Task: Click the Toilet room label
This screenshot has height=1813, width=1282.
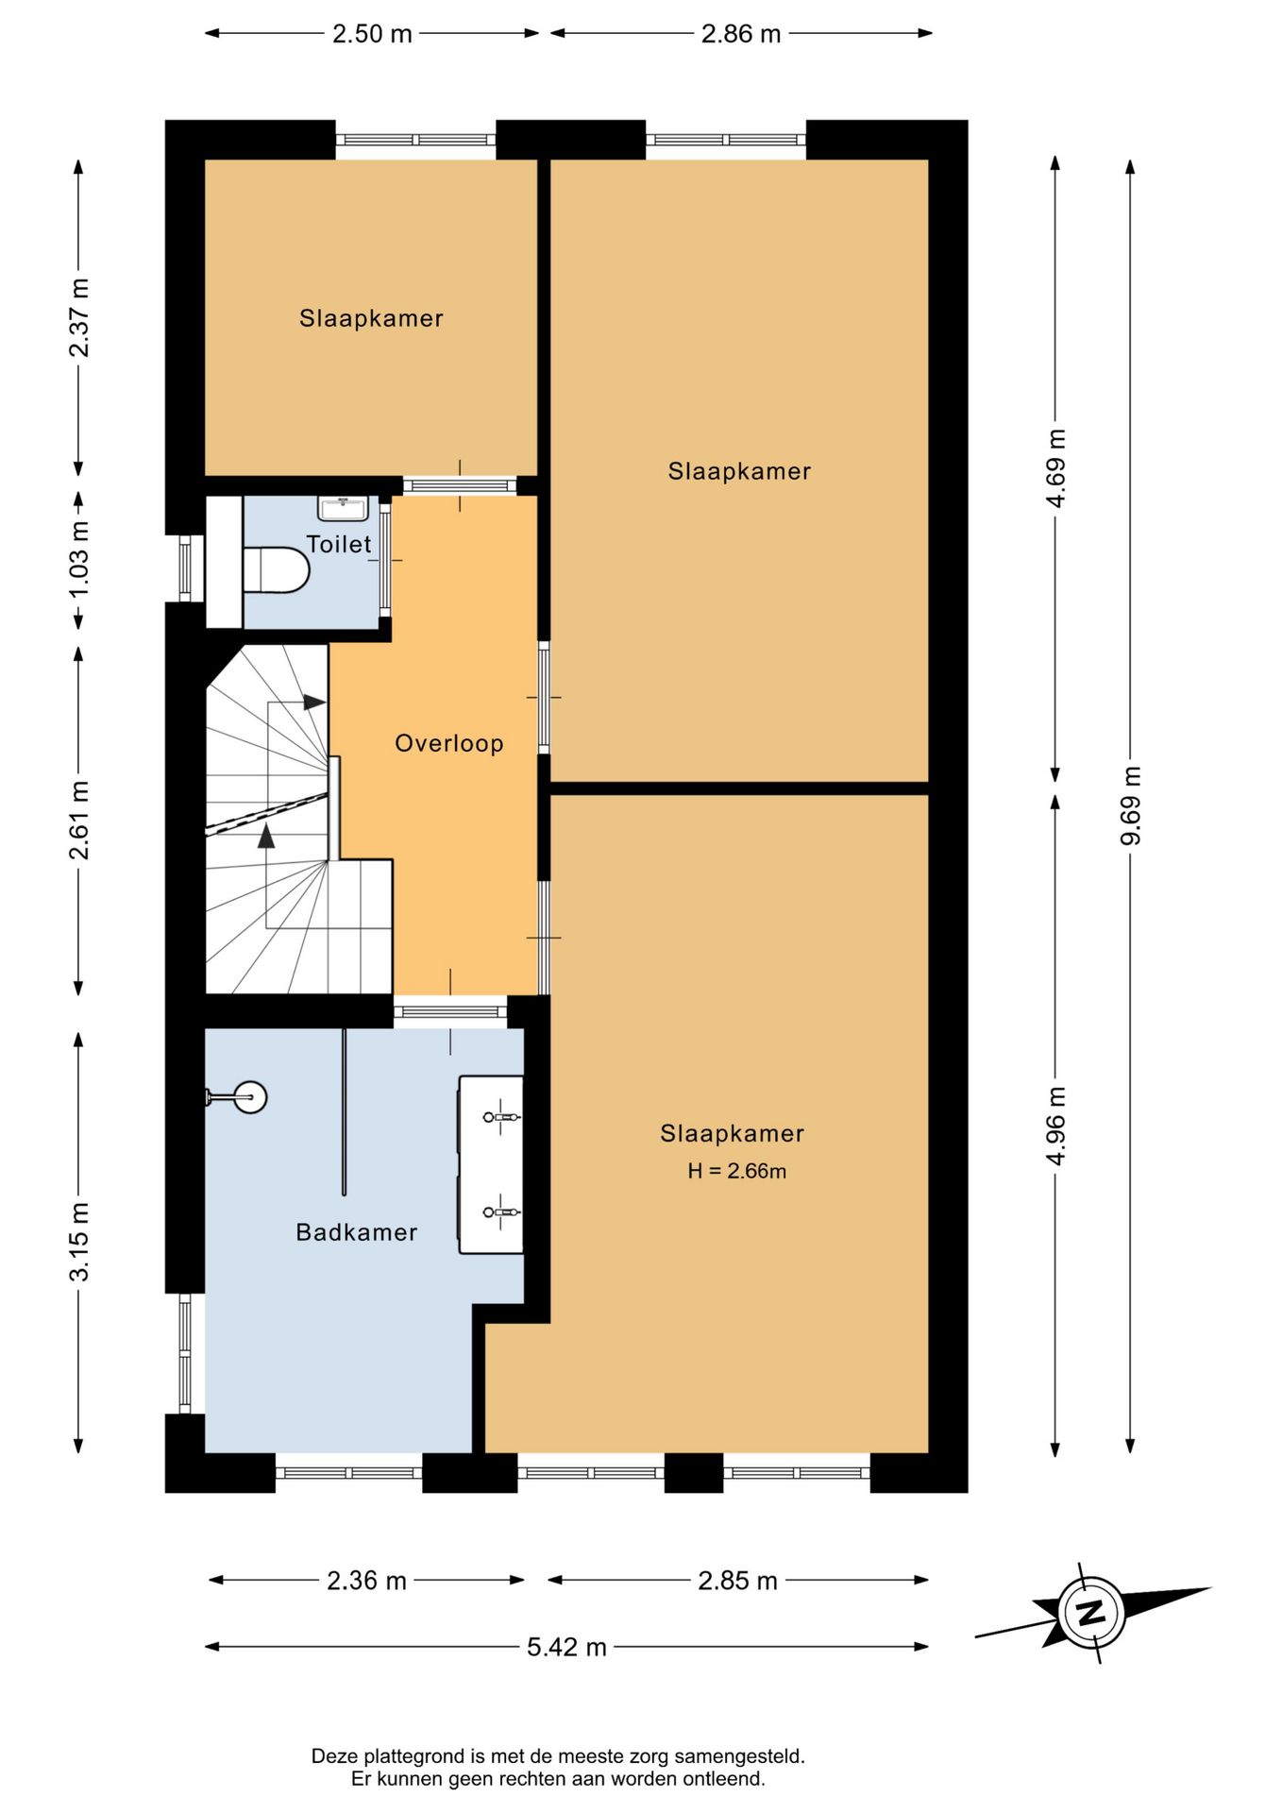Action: click(x=339, y=544)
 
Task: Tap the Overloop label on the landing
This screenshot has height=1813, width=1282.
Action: click(x=449, y=743)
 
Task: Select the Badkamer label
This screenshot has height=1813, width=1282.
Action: click(x=357, y=1232)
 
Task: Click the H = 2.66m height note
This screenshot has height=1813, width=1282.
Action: click(x=736, y=1171)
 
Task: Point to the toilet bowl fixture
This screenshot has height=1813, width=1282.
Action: click(x=276, y=569)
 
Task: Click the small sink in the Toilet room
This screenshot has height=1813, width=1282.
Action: click(x=344, y=508)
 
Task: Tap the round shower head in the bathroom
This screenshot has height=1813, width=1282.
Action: click(x=249, y=1097)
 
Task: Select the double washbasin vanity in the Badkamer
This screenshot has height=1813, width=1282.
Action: click(x=491, y=1164)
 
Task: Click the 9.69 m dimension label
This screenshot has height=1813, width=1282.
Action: click(x=1130, y=806)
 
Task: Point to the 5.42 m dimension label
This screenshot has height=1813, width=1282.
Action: click(x=566, y=1647)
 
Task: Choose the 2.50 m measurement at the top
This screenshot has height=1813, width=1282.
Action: click(x=372, y=34)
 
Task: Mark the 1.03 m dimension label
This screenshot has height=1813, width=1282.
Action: click(x=79, y=558)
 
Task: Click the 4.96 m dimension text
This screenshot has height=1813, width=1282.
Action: click(x=1055, y=1126)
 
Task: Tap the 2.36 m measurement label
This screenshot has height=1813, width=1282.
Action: click(x=366, y=1581)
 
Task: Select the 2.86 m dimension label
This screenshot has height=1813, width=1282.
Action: click(x=741, y=34)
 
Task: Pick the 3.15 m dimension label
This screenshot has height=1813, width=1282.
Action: click(x=79, y=1242)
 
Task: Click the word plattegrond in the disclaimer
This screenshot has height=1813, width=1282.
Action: click(x=410, y=1756)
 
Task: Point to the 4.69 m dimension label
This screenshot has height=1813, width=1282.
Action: click(x=1055, y=468)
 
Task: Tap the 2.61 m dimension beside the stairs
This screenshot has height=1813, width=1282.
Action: click(x=79, y=820)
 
